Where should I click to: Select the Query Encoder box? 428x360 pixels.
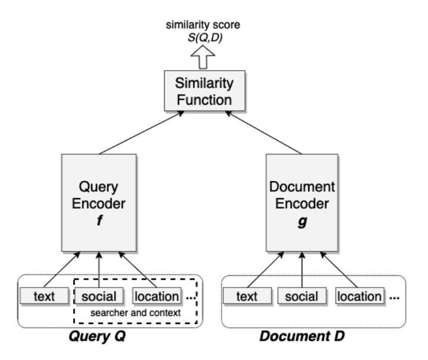tap(99, 202)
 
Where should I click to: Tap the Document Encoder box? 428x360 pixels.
tap(302, 202)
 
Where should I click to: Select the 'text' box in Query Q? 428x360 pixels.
tap(45, 296)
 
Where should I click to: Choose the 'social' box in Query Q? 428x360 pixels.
tap(99, 296)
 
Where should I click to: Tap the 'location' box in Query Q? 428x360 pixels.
tap(155, 296)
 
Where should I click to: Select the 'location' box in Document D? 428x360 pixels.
tap(360, 296)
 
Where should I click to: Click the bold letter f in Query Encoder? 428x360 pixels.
tap(99, 225)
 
